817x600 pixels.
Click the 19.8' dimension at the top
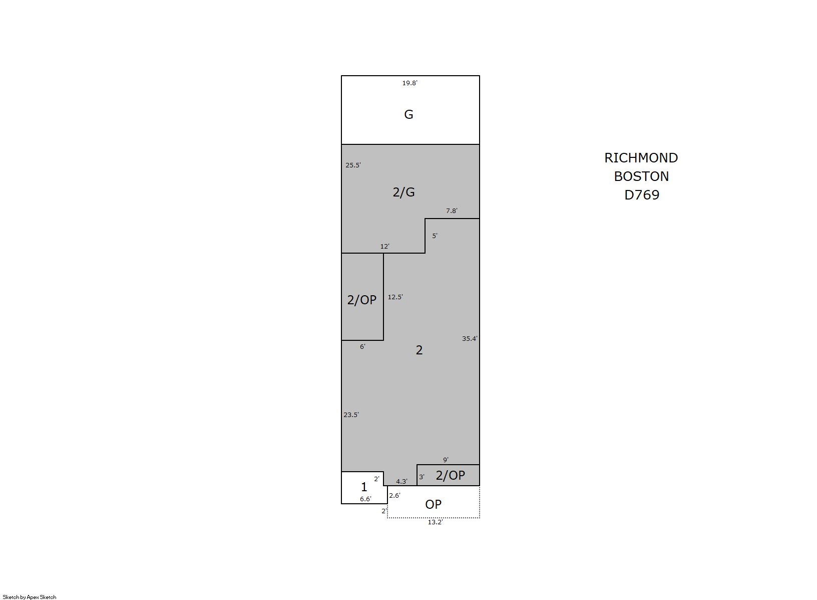coord(410,83)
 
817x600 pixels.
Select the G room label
coord(408,115)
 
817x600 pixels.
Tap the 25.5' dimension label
coord(353,165)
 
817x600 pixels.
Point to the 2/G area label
coord(404,192)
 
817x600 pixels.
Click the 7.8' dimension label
coord(452,211)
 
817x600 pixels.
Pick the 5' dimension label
coord(435,236)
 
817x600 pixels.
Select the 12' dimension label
coord(385,247)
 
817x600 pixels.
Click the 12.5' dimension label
coord(395,297)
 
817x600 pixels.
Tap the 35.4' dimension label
coord(470,339)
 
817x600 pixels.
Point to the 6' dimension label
coord(362,347)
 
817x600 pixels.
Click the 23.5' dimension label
coord(351,415)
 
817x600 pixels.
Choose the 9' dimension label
coord(446,460)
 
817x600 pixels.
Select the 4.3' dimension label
coord(402,482)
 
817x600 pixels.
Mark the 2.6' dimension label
coord(394,496)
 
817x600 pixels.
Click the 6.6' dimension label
coord(365,499)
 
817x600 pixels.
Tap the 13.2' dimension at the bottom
coord(435,523)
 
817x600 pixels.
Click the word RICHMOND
coord(641,158)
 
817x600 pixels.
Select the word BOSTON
coord(642,177)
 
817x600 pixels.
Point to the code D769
coord(642,195)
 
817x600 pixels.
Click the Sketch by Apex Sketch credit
coord(30,597)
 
